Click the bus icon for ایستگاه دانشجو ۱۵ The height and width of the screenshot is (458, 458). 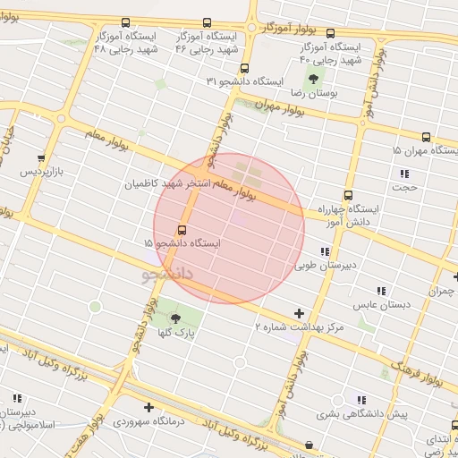(183, 230)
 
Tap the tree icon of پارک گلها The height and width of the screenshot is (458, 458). (175, 318)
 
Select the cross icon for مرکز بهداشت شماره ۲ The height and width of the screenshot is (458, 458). (299, 314)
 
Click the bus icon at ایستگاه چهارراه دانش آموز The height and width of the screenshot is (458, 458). (348, 195)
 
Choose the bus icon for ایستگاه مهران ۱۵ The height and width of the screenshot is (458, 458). (426, 138)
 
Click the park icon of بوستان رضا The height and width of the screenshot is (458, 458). (312, 79)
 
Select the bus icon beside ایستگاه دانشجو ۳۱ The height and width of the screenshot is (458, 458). (245, 68)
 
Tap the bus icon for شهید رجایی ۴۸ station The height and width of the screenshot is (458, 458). (124, 23)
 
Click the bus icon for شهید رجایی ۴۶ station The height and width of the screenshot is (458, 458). (208, 23)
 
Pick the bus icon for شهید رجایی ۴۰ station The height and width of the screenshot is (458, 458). (330, 34)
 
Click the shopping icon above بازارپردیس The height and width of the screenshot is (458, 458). (40, 157)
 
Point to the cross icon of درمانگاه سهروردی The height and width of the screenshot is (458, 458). (148, 408)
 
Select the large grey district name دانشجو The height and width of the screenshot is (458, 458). (168, 272)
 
